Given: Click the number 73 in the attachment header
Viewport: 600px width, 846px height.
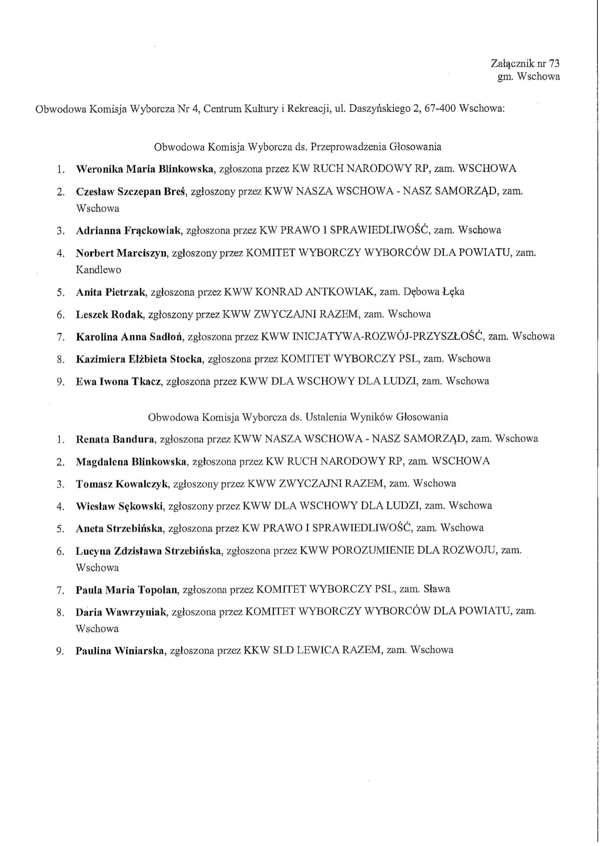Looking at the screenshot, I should click(553, 63).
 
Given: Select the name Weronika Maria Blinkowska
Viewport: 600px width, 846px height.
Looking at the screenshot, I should click(145, 169).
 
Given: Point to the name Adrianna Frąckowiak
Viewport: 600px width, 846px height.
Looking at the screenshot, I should click(128, 230).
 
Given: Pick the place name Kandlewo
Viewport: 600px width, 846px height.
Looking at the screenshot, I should click(98, 269).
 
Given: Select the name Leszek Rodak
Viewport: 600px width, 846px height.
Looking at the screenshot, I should click(109, 314).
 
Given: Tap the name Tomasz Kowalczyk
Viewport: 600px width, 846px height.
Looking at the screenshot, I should click(122, 484).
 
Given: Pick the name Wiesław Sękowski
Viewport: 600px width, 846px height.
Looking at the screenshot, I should click(119, 506).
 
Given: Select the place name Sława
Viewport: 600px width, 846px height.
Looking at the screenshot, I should click(436, 589).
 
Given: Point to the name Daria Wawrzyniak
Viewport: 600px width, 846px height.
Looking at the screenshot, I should click(121, 612).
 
